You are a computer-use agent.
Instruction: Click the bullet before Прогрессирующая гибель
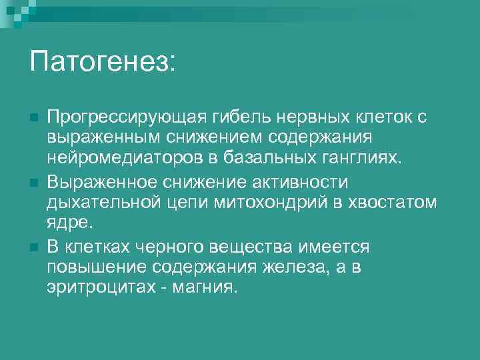[33, 118]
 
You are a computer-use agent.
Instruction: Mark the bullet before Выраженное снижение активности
[33, 182]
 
